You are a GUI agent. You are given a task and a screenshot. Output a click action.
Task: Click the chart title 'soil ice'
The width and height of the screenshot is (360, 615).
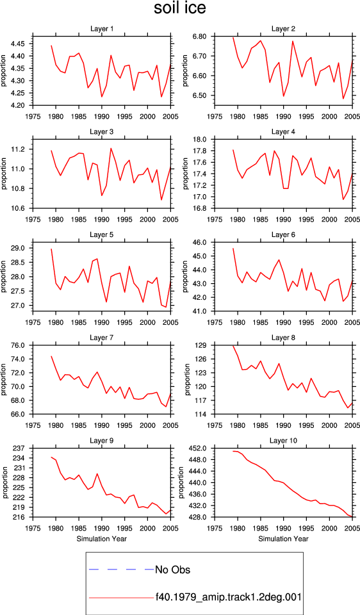(x=179, y=8)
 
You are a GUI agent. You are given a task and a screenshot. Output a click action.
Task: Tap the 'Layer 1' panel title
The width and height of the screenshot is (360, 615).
(x=102, y=29)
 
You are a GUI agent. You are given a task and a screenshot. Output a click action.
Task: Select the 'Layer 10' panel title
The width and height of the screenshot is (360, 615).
(x=284, y=441)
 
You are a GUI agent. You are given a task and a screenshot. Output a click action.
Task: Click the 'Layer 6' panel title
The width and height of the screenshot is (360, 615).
(x=284, y=235)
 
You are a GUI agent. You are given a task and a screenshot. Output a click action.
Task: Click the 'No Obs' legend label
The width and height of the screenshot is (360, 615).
(x=172, y=570)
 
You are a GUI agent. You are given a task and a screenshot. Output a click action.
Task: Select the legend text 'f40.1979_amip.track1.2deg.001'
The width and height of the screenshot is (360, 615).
(x=228, y=597)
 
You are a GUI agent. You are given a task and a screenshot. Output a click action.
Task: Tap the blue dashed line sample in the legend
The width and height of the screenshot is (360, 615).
(x=122, y=570)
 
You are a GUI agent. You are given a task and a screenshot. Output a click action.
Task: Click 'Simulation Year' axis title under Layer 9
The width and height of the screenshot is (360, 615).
(x=102, y=539)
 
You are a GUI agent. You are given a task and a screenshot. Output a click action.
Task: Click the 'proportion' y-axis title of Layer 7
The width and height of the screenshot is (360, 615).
(x=4, y=379)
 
